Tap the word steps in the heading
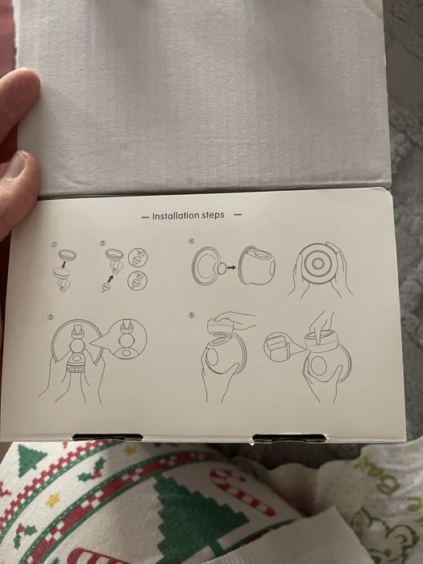point(213,215)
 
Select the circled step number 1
point(54,245)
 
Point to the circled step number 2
point(102,243)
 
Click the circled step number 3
point(51,317)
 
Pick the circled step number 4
point(191,242)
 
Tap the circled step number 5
point(191,315)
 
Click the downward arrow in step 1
point(64,265)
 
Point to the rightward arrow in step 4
point(232,267)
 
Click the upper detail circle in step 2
point(138,257)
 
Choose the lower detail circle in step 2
point(138,280)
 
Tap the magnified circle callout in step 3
point(126,338)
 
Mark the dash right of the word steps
point(238,215)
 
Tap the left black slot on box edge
point(107,438)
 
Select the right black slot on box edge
point(289,438)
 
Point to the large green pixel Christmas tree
point(201,518)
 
